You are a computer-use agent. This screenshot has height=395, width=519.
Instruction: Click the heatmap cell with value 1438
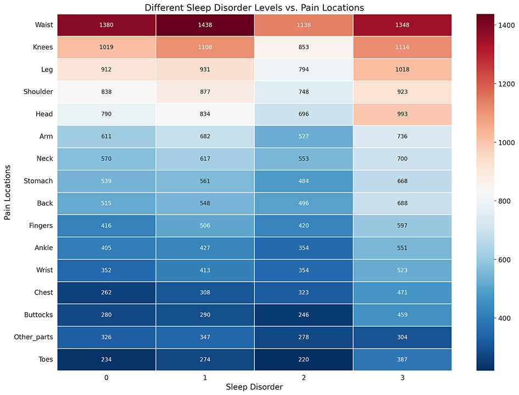click(205, 25)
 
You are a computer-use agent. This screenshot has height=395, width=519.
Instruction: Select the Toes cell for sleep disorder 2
click(303, 360)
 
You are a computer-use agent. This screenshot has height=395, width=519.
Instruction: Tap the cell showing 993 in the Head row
click(401, 114)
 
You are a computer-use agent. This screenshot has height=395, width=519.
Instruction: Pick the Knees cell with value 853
click(303, 47)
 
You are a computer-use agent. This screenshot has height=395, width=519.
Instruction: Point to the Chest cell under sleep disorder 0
click(107, 293)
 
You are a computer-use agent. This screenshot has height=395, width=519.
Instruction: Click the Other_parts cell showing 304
click(401, 337)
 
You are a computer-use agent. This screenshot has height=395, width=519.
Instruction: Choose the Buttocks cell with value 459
click(401, 315)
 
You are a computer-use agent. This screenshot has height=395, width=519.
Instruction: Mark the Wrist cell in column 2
click(303, 270)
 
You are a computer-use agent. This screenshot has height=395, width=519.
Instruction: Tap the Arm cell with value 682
click(205, 136)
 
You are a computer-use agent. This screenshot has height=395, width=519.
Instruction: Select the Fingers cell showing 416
click(107, 226)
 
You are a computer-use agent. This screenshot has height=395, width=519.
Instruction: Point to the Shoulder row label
click(37, 92)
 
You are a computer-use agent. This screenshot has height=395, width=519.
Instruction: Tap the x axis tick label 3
click(401, 378)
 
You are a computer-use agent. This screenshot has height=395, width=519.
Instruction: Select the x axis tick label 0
click(107, 378)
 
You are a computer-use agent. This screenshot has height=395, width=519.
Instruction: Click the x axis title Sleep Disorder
click(254, 387)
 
